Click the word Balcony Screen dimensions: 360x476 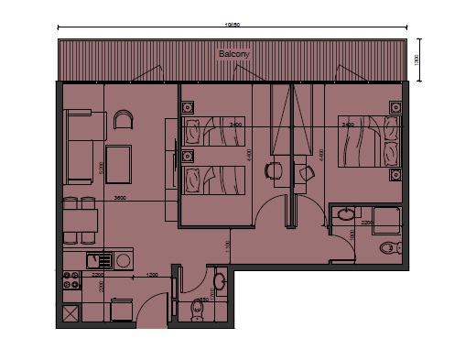[x=233, y=55]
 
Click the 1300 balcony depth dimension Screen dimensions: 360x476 [x=416, y=60]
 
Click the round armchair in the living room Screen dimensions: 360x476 [x=124, y=119]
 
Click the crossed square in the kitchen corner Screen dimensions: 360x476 [x=70, y=316]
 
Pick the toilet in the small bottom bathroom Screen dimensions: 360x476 [x=197, y=311]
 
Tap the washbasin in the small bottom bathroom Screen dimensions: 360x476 [x=219, y=279]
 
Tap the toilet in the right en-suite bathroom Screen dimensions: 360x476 [x=388, y=247]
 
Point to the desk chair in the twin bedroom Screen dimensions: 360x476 [x=273, y=169]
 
